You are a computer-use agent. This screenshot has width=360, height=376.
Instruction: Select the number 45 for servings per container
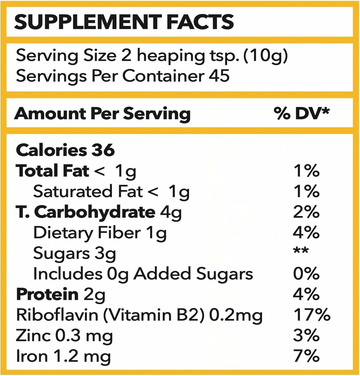click(219, 76)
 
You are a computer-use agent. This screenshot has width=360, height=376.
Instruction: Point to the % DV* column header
click(301, 114)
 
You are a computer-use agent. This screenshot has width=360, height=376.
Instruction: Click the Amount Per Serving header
click(102, 114)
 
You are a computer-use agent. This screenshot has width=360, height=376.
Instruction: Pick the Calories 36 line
click(66, 150)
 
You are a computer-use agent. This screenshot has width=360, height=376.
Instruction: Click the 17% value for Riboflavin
click(312, 315)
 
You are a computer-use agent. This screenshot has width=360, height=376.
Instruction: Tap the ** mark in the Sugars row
click(301, 252)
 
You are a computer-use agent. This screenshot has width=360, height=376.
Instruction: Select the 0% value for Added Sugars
click(306, 274)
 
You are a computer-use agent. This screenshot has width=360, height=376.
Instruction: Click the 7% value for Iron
click(306, 356)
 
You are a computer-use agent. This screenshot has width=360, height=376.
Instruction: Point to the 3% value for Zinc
click(306, 336)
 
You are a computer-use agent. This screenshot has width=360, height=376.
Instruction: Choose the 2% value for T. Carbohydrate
click(306, 212)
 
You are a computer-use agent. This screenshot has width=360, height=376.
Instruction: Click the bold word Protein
click(47, 294)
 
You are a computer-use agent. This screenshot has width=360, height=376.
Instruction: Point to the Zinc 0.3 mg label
click(64, 336)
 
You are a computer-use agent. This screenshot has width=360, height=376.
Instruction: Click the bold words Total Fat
click(52, 171)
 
